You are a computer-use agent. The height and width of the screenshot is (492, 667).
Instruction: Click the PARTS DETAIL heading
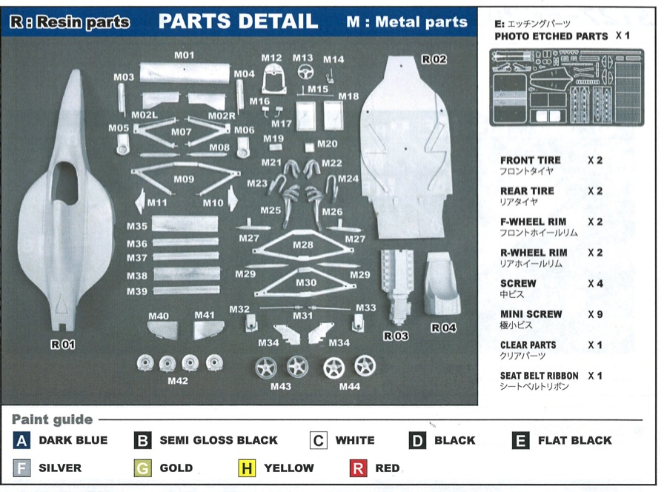(x=238, y=21)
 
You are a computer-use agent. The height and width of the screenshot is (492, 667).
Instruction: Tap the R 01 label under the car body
(x=63, y=344)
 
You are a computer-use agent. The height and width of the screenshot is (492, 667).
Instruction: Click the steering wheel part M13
(x=303, y=73)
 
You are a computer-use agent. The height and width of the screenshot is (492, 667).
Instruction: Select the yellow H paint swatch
(x=247, y=468)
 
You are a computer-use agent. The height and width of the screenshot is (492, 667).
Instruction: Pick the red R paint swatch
(x=358, y=468)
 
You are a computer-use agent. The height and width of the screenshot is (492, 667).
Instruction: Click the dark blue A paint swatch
(x=21, y=440)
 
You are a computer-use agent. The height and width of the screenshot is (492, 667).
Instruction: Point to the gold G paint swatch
(x=143, y=468)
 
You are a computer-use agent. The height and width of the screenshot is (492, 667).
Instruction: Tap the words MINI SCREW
(x=531, y=314)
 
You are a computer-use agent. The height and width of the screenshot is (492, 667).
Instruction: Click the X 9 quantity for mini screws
(x=595, y=314)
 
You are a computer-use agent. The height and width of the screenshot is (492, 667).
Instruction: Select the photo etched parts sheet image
(x=567, y=87)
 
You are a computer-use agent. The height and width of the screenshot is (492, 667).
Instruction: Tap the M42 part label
(x=178, y=381)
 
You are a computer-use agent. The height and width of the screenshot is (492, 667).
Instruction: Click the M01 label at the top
(x=184, y=55)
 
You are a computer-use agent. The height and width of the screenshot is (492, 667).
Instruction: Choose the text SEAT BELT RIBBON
(x=539, y=376)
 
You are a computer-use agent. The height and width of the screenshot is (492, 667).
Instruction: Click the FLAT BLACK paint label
(x=574, y=440)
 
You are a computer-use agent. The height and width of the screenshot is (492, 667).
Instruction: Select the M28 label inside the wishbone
(x=303, y=245)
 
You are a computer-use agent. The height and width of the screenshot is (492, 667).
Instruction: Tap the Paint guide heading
(x=52, y=420)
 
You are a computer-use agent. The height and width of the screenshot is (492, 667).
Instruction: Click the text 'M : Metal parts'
(x=407, y=22)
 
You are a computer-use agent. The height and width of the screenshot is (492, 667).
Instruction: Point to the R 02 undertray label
(x=434, y=59)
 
